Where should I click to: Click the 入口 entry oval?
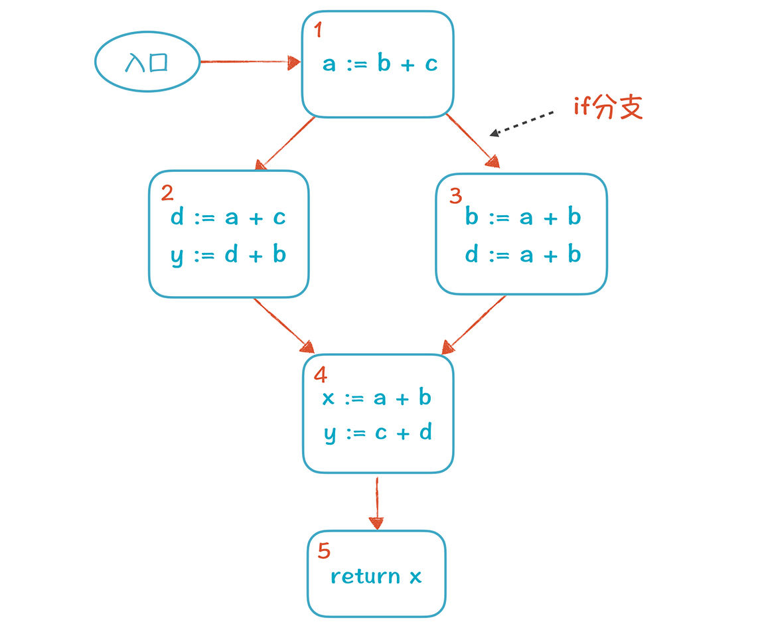147,61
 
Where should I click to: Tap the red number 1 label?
318,30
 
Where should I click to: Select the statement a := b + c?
380,63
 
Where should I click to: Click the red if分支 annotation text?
608,107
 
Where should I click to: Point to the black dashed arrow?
522,123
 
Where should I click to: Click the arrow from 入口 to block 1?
250,62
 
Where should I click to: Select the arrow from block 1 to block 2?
285,143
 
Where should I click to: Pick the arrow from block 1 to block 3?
473,141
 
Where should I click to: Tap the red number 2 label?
167,193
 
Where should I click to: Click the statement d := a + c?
228,218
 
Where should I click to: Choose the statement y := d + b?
228,255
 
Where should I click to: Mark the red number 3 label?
455,196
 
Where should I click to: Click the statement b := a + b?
523,217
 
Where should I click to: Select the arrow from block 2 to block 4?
284,325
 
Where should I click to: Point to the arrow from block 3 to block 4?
474,325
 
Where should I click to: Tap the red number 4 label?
321,374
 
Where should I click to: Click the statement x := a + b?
376,398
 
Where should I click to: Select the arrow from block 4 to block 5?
376,503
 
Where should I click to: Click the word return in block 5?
366,576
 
